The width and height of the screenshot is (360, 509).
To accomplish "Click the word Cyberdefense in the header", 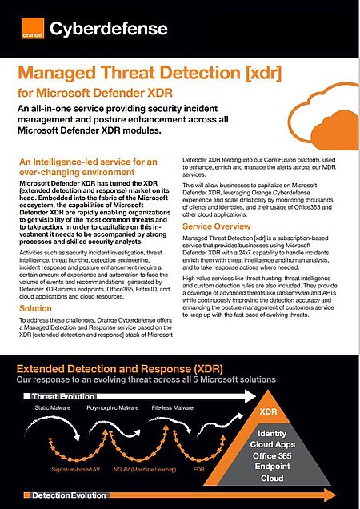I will pyautogui.click(x=109, y=30).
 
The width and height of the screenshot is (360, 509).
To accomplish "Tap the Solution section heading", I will pyautogui.click(x=35, y=308).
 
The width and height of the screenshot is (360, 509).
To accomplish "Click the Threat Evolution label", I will pyautogui.click(x=64, y=396).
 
